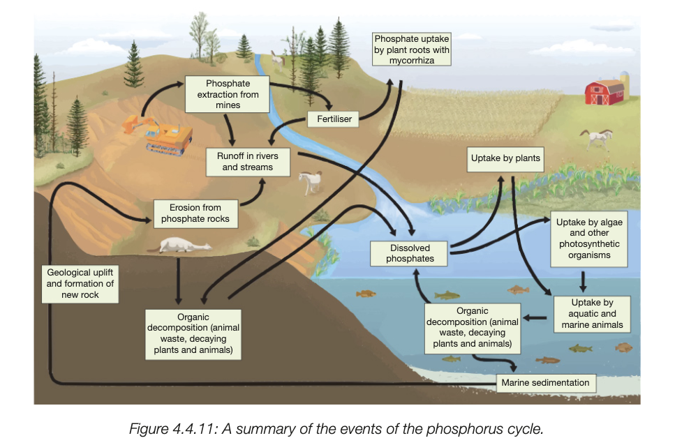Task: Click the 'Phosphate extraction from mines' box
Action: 228,94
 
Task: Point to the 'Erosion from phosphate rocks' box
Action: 195,213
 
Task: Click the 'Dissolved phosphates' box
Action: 410,253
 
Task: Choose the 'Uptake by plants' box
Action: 505,158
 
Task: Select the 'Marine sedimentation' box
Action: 545,382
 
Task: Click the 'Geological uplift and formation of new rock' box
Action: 80,284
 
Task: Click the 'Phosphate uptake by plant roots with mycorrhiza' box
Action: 411,50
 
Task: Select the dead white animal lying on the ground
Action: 184,245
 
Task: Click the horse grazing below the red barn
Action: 595,137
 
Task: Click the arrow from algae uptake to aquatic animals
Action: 583,281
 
